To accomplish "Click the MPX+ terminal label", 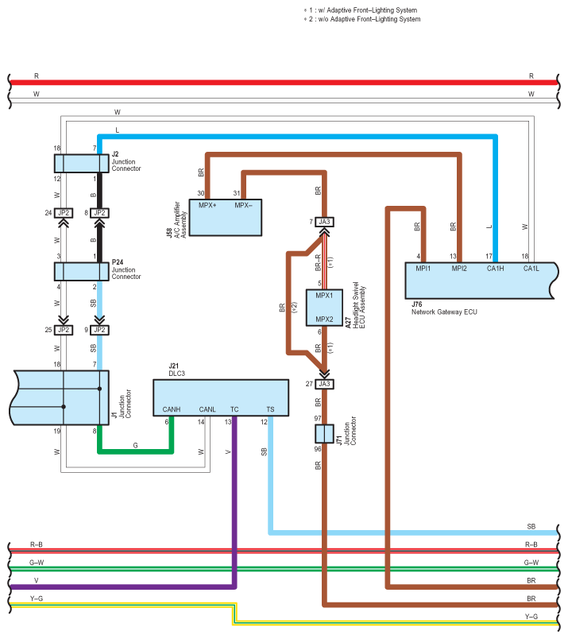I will [209, 206].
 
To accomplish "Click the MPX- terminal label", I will [244, 206].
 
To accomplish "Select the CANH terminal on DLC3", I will [172, 409].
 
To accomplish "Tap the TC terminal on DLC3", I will [234, 409].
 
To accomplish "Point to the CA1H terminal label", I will [496, 268].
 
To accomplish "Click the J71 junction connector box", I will [324, 434].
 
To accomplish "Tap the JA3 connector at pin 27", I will [324, 384].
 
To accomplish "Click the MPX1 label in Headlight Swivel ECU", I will [324, 296].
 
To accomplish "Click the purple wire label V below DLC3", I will [229, 451].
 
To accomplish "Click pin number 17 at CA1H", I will [489, 256].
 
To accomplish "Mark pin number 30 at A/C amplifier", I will [202, 194].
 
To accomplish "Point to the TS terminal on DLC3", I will [270, 409].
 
